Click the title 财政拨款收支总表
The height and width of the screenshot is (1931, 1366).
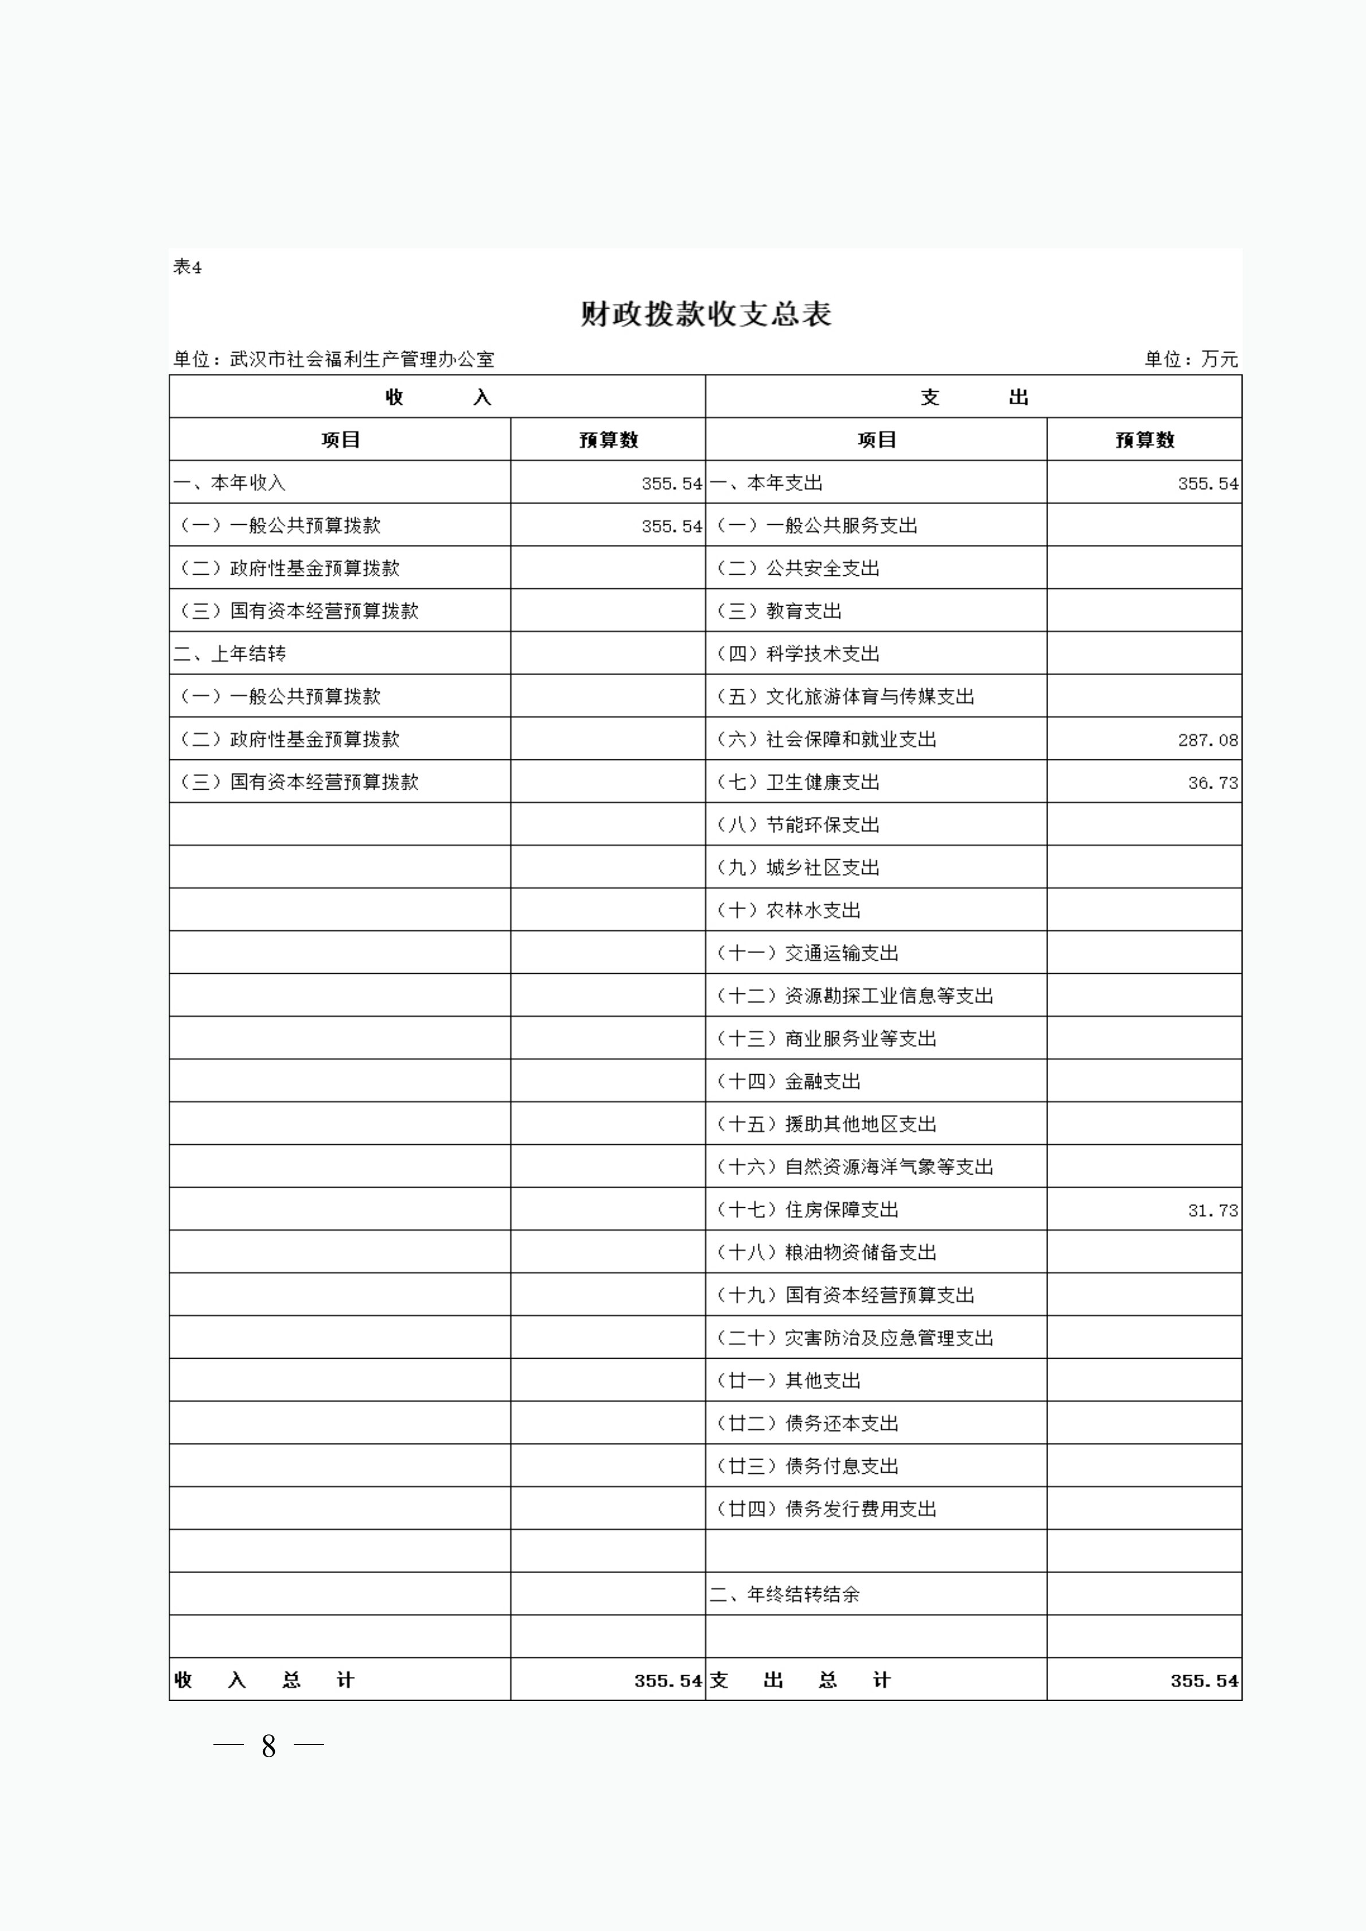(x=705, y=314)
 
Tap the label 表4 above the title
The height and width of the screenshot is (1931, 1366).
(x=186, y=267)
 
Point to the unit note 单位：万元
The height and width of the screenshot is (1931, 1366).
(x=1190, y=359)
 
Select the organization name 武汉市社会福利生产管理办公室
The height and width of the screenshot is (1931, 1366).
(x=361, y=359)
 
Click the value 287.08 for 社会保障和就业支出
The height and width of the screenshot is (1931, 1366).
(x=1207, y=740)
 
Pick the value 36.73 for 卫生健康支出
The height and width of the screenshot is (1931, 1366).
(x=1212, y=783)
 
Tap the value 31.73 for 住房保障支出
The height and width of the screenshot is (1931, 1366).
(x=1212, y=1210)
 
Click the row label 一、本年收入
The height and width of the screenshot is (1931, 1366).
(x=229, y=483)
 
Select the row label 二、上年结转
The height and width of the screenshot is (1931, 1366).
(x=229, y=653)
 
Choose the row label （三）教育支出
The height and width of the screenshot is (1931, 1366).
(x=778, y=611)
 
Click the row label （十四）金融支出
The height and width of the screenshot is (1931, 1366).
(x=787, y=1082)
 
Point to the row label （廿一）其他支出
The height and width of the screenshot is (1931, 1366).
(x=787, y=1381)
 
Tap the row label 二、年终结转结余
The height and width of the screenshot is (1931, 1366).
(x=784, y=1594)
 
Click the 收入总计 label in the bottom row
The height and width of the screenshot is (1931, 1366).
(x=264, y=1680)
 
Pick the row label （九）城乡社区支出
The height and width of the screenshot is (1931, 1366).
(x=796, y=868)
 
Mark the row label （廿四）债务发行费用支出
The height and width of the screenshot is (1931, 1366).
(x=825, y=1509)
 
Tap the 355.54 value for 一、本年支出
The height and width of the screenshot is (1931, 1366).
(x=1207, y=483)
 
